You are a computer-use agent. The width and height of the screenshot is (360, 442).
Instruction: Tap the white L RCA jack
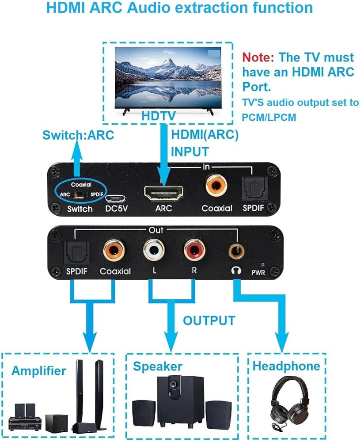pos(154,250)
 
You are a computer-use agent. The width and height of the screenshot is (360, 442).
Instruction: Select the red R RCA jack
pos(195,250)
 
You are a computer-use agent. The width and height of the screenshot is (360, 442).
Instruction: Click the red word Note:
pos(258,57)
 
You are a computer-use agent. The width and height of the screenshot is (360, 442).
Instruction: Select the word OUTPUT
pos(209,320)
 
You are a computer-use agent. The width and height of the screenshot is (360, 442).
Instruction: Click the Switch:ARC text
pos(78,135)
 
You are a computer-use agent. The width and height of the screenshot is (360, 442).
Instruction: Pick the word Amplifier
pos(39,370)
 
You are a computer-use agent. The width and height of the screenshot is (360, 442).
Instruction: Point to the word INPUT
pos(190,152)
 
